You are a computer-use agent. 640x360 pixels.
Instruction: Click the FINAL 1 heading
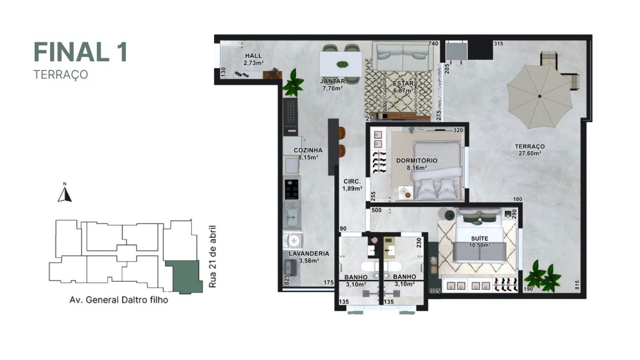81,52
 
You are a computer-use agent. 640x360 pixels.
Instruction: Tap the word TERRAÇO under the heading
60,75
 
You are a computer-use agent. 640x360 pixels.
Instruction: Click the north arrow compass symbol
65,194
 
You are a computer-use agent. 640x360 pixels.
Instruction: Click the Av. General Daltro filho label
118,300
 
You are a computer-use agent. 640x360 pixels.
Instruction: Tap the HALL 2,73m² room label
253,59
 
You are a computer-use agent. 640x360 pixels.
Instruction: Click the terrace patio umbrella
539,96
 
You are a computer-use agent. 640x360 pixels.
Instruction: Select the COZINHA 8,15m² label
308,154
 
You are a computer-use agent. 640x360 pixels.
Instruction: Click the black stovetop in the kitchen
291,188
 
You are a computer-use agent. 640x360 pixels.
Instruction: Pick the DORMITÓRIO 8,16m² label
417,164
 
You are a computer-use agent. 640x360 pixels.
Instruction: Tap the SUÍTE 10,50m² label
479,241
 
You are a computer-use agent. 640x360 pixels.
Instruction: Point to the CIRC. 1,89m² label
353,185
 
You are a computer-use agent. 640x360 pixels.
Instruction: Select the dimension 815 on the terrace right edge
578,285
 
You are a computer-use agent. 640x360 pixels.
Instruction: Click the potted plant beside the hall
293,83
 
